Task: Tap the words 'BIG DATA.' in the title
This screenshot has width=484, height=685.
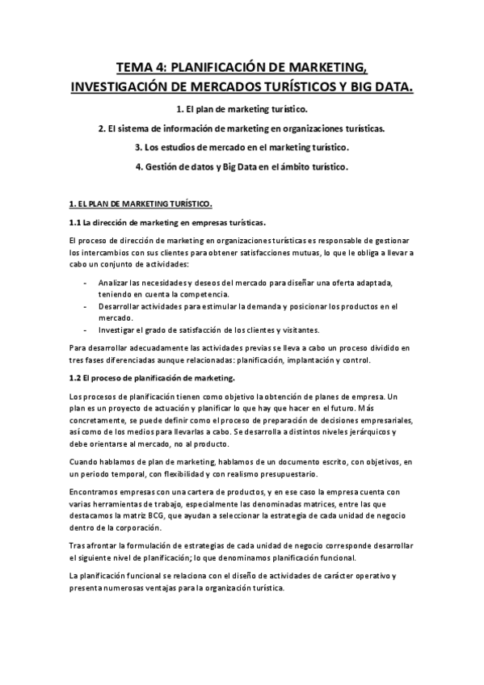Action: click(x=378, y=85)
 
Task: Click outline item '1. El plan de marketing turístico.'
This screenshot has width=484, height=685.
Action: click(x=241, y=108)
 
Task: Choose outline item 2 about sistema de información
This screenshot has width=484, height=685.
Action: click(x=241, y=128)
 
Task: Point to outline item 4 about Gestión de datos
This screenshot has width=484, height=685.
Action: click(x=241, y=167)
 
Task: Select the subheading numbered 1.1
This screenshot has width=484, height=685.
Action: click(x=168, y=222)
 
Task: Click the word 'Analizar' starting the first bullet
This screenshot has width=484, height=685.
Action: click(x=113, y=282)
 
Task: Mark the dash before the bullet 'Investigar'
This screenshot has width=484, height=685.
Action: click(x=86, y=330)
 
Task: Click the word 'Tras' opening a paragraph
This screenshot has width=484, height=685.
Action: click(x=78, y=545)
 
